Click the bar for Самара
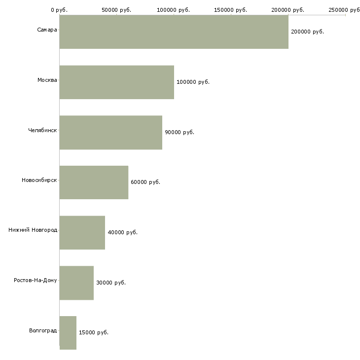coord(174,32)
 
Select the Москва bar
coord(116,82)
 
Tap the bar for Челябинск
coord(110,132)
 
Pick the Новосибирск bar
coord(94,182)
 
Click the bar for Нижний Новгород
coord(82,232)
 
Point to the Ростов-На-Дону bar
coord(76,283)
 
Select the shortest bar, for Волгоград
coord(68,333)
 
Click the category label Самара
coord(47,30)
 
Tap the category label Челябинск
coord(42,130)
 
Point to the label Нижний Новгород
coord(33,230)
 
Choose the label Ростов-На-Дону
coord(36,280)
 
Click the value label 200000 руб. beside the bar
coord(307,32)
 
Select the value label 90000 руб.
coord(180,132)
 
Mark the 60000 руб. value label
coord(145,182)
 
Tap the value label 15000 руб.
coord(94,332)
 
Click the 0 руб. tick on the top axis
coord(59,10)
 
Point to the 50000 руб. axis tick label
coord(116,10)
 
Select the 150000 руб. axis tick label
coord(231,10)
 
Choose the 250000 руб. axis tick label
coord(345,10)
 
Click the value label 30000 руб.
coord(111,283)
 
